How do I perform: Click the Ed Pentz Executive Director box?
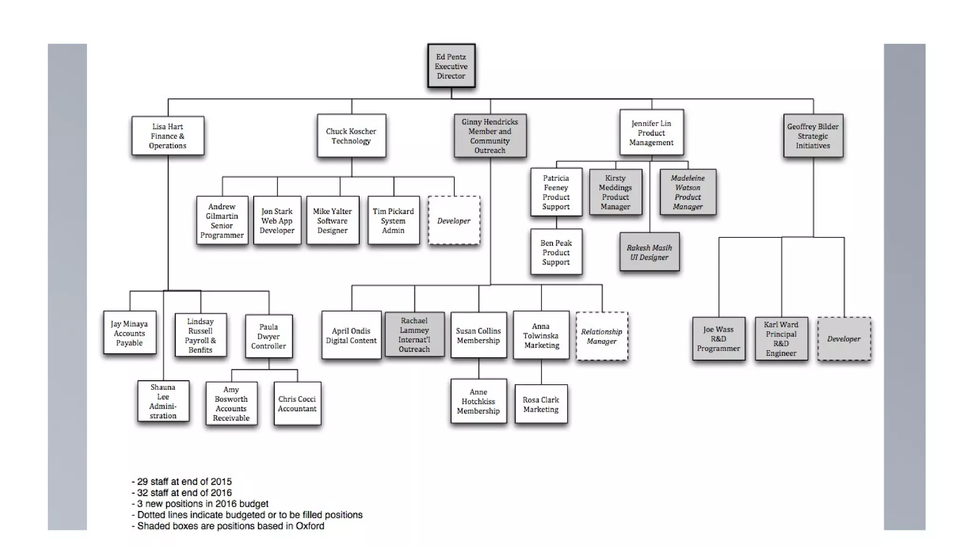point(451,66)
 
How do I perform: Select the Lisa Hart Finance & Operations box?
point(168,136)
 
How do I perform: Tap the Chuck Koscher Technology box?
point(351,136)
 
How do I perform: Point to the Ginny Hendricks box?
point(490,136)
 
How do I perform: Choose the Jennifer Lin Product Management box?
point(651,132)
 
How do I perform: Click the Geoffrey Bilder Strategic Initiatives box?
point(813,136)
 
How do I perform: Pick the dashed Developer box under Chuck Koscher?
point(454,220)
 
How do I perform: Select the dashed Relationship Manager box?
point(601,336)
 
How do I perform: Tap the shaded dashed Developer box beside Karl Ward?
point(844,339)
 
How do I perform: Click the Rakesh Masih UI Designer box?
point(649,252)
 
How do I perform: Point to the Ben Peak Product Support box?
point(556,252)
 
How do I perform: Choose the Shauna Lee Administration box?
point(163,401)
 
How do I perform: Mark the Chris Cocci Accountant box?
point(297,404)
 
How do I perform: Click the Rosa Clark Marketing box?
point(541,404)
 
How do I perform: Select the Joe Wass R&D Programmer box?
point(718,339)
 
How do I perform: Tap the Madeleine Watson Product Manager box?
point(687,192)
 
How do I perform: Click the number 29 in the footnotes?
point(143,481)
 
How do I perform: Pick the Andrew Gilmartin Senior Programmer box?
point(222,220)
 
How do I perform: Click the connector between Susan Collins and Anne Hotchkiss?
point(478,368)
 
